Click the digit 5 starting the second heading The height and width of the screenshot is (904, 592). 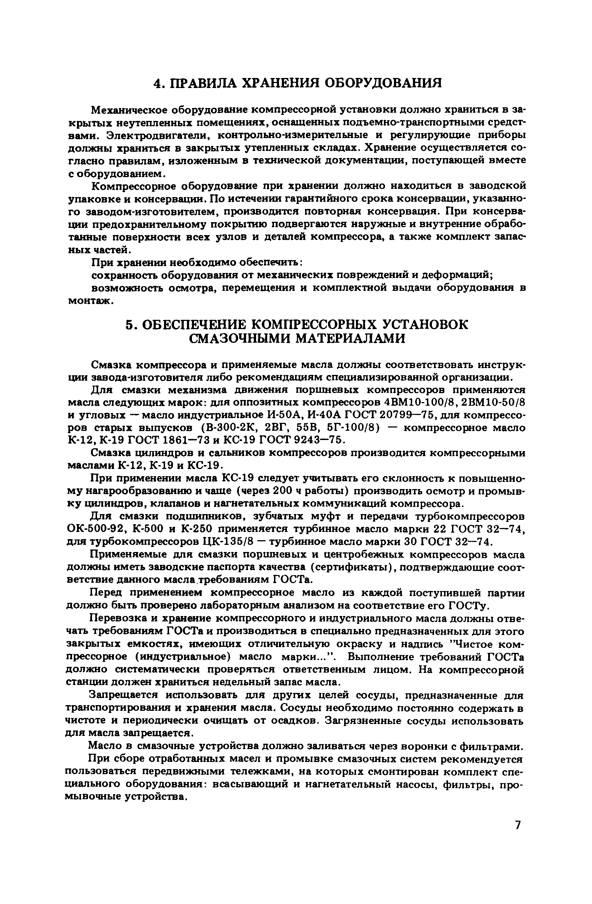click(130, 325)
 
